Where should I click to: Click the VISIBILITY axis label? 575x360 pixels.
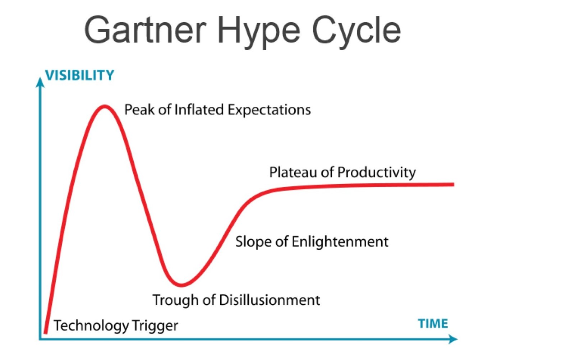[x=80, y=75]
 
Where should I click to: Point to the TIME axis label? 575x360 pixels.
[x=433, y=324]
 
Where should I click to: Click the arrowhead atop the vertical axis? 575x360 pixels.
[x=40, y=82]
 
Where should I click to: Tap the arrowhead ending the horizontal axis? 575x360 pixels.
[x=453, y=339]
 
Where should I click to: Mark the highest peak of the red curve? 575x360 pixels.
[x=105, y=106]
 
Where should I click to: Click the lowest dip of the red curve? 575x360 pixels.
[x=181, y=285]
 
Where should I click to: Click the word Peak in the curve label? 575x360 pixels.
[x=139, y=110]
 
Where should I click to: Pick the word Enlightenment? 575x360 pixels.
[x=340, y=242]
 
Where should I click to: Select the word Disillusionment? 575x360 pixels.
[x=269, y=300]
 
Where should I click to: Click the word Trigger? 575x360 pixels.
[x=155, y=326]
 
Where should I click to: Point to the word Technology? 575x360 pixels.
[x=91, y=326]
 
